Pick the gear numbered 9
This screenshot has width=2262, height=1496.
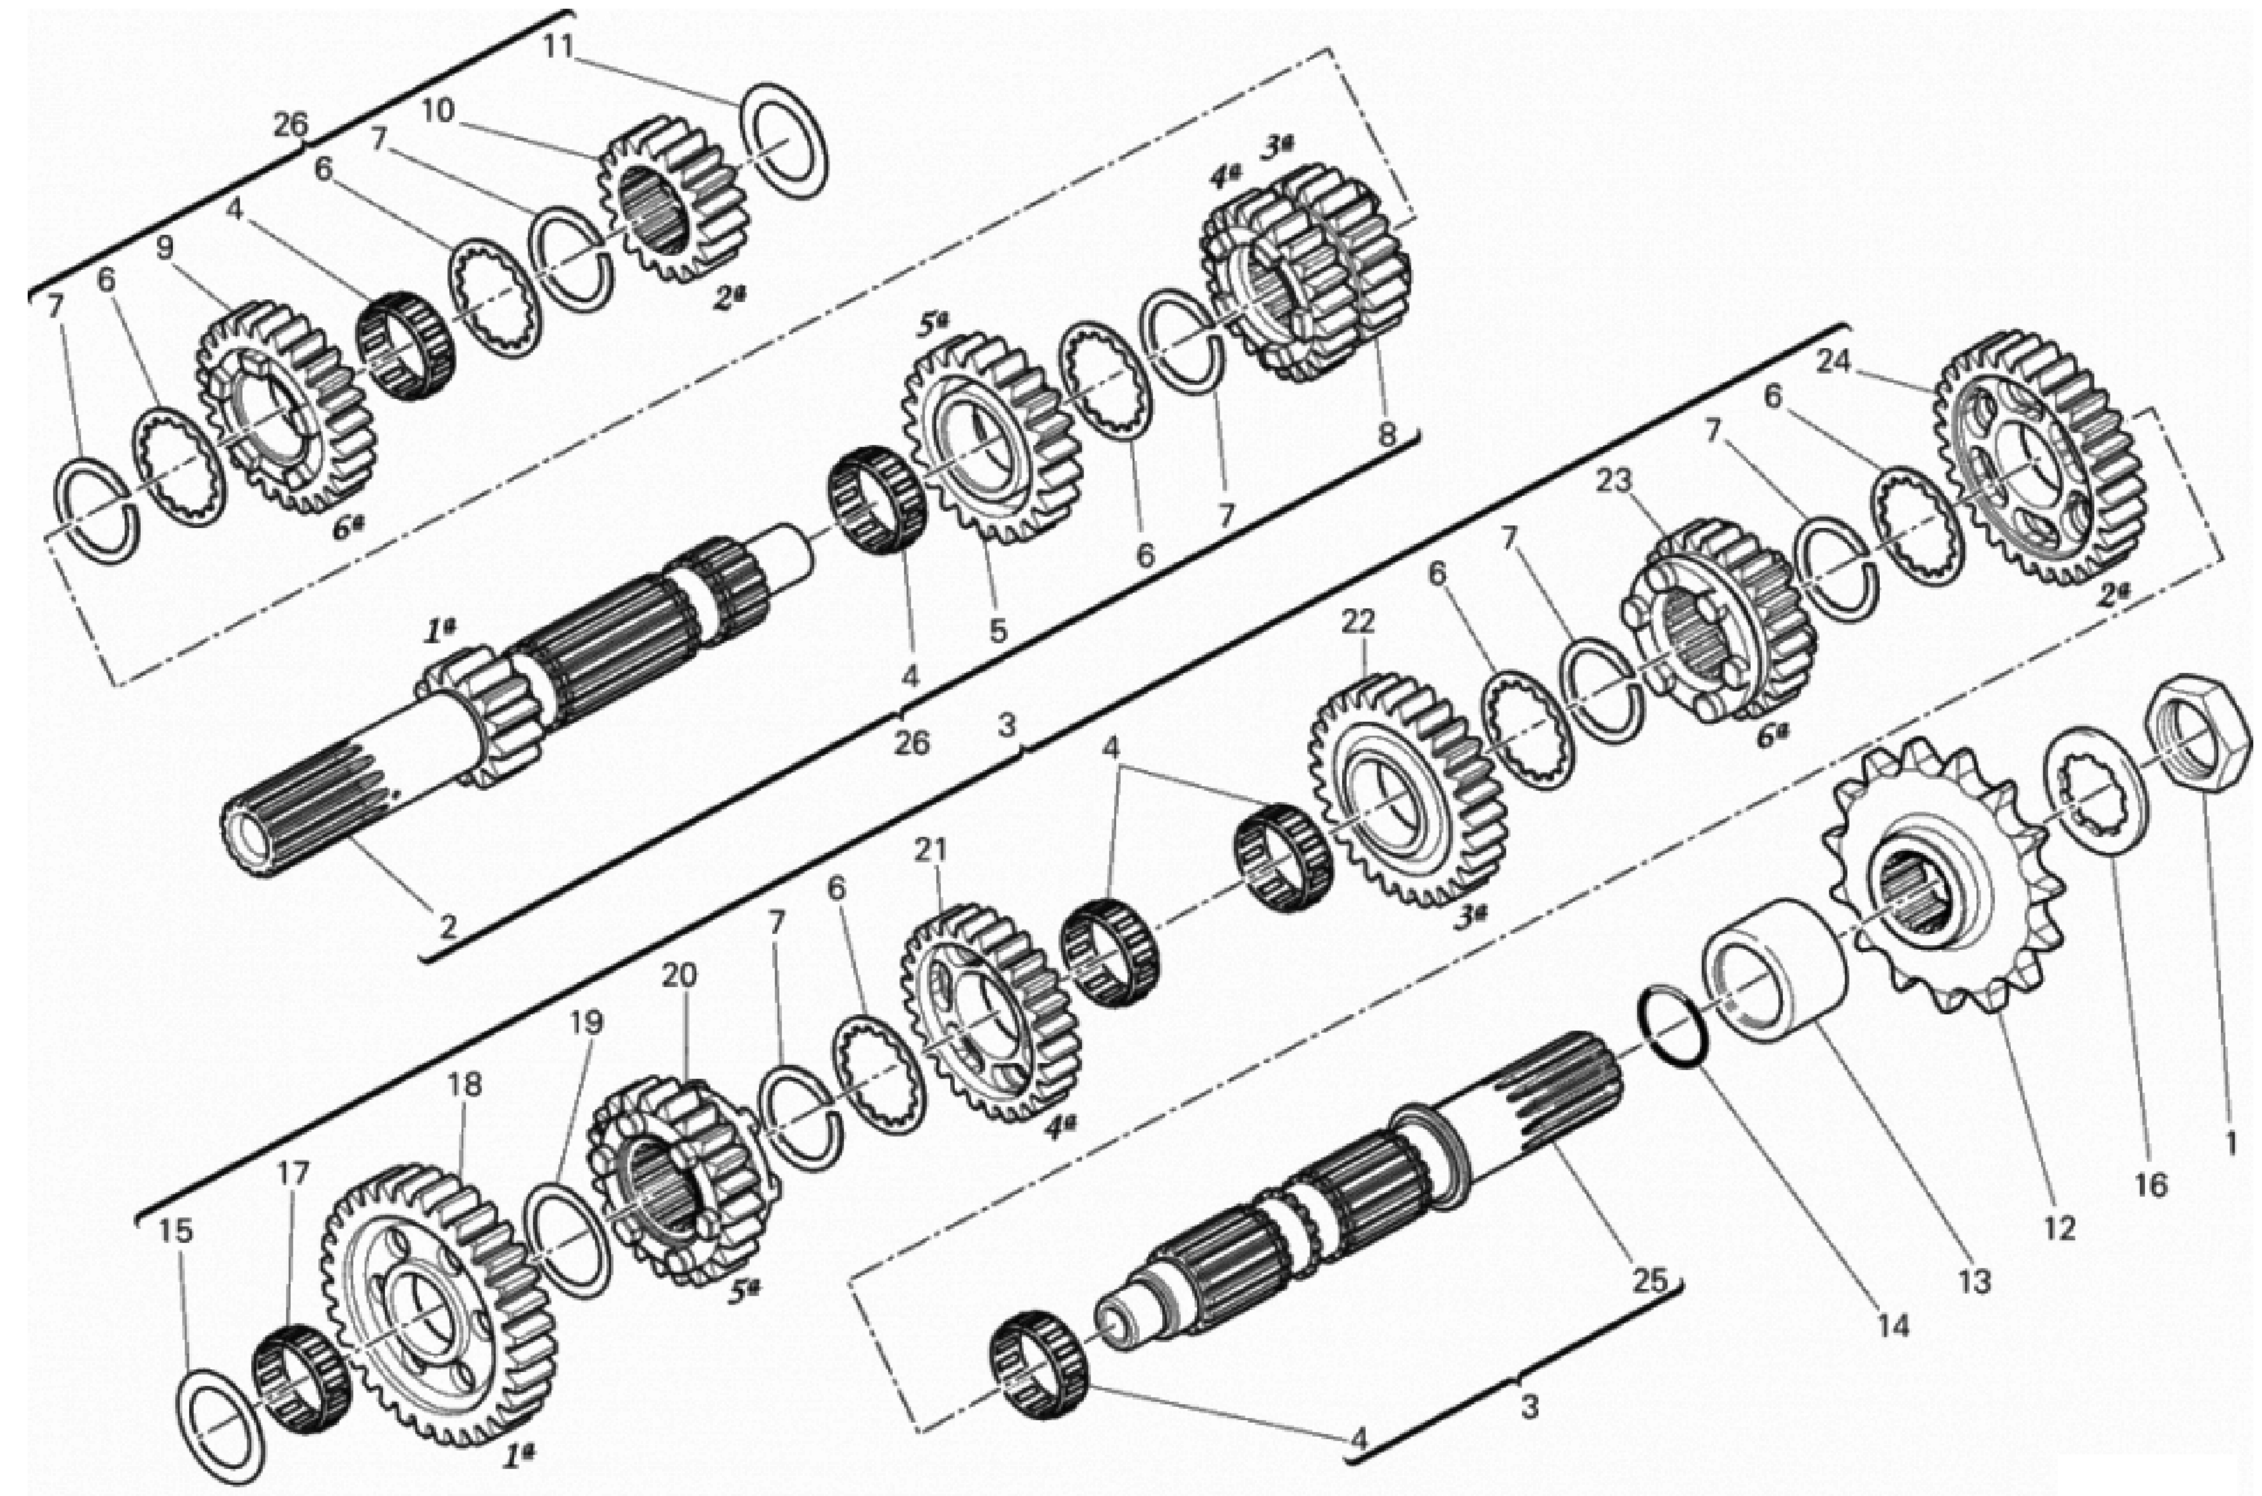286,405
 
